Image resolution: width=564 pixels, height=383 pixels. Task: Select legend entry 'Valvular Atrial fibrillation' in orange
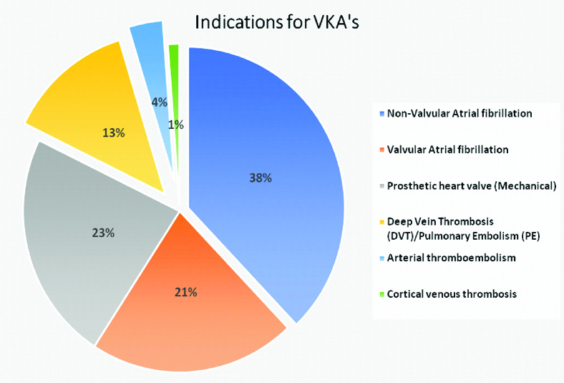click(x=448, y=150)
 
